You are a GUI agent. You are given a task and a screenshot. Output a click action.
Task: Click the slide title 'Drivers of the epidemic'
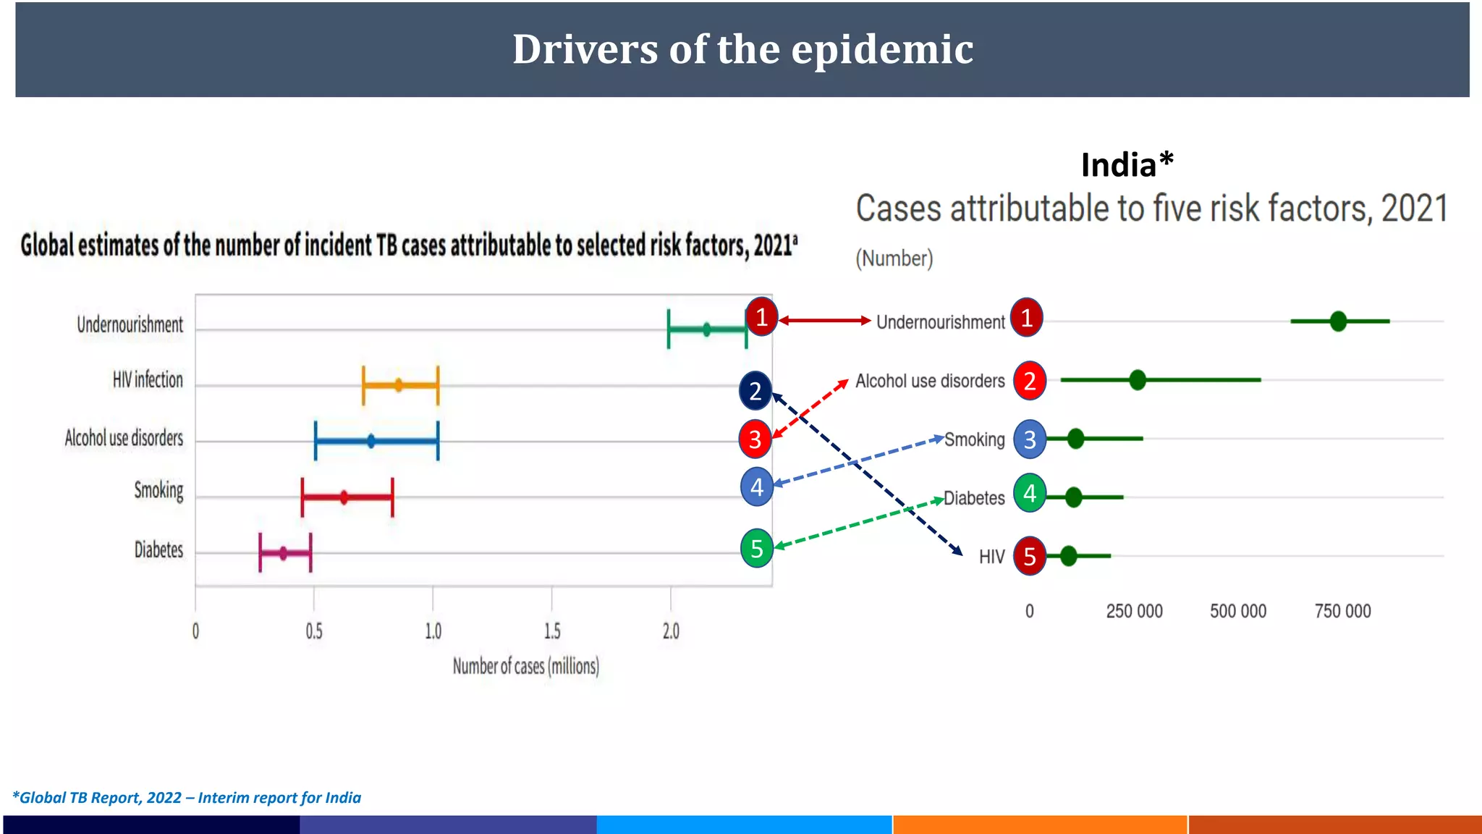point(742,49)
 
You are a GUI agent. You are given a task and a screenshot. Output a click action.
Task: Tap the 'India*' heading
point(1126,165)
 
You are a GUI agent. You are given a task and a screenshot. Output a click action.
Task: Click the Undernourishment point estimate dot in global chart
point(707,329)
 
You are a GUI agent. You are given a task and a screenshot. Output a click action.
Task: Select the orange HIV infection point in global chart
point(398,385)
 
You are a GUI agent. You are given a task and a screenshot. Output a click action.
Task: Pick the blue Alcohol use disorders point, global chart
point(370,441)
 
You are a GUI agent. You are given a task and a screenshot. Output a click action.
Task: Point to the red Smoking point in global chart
point(344,497)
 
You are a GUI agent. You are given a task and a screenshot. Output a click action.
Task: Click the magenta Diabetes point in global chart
point(283,553)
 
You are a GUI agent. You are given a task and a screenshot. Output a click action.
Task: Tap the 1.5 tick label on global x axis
point(551,631)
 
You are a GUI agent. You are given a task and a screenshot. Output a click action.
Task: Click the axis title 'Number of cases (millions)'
point(526,666)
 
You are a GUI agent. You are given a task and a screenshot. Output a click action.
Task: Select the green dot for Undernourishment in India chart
point(1338,321)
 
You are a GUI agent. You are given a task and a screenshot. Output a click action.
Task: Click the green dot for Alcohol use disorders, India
point(1138,379)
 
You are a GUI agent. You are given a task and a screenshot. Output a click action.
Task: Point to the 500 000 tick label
point(1238,611)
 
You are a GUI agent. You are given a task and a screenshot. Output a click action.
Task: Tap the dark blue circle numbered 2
point(755,391)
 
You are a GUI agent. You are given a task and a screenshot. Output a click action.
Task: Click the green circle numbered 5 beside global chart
point(757,548)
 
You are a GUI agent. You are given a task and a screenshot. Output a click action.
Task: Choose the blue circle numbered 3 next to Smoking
point(1030,439)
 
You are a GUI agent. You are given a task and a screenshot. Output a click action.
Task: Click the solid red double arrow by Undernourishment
point(824,320)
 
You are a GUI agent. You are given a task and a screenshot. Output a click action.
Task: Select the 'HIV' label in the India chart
point(991,557)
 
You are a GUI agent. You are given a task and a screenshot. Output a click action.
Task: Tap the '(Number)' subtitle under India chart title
point(894,258)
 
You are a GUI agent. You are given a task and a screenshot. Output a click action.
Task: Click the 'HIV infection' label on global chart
point(148,379)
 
